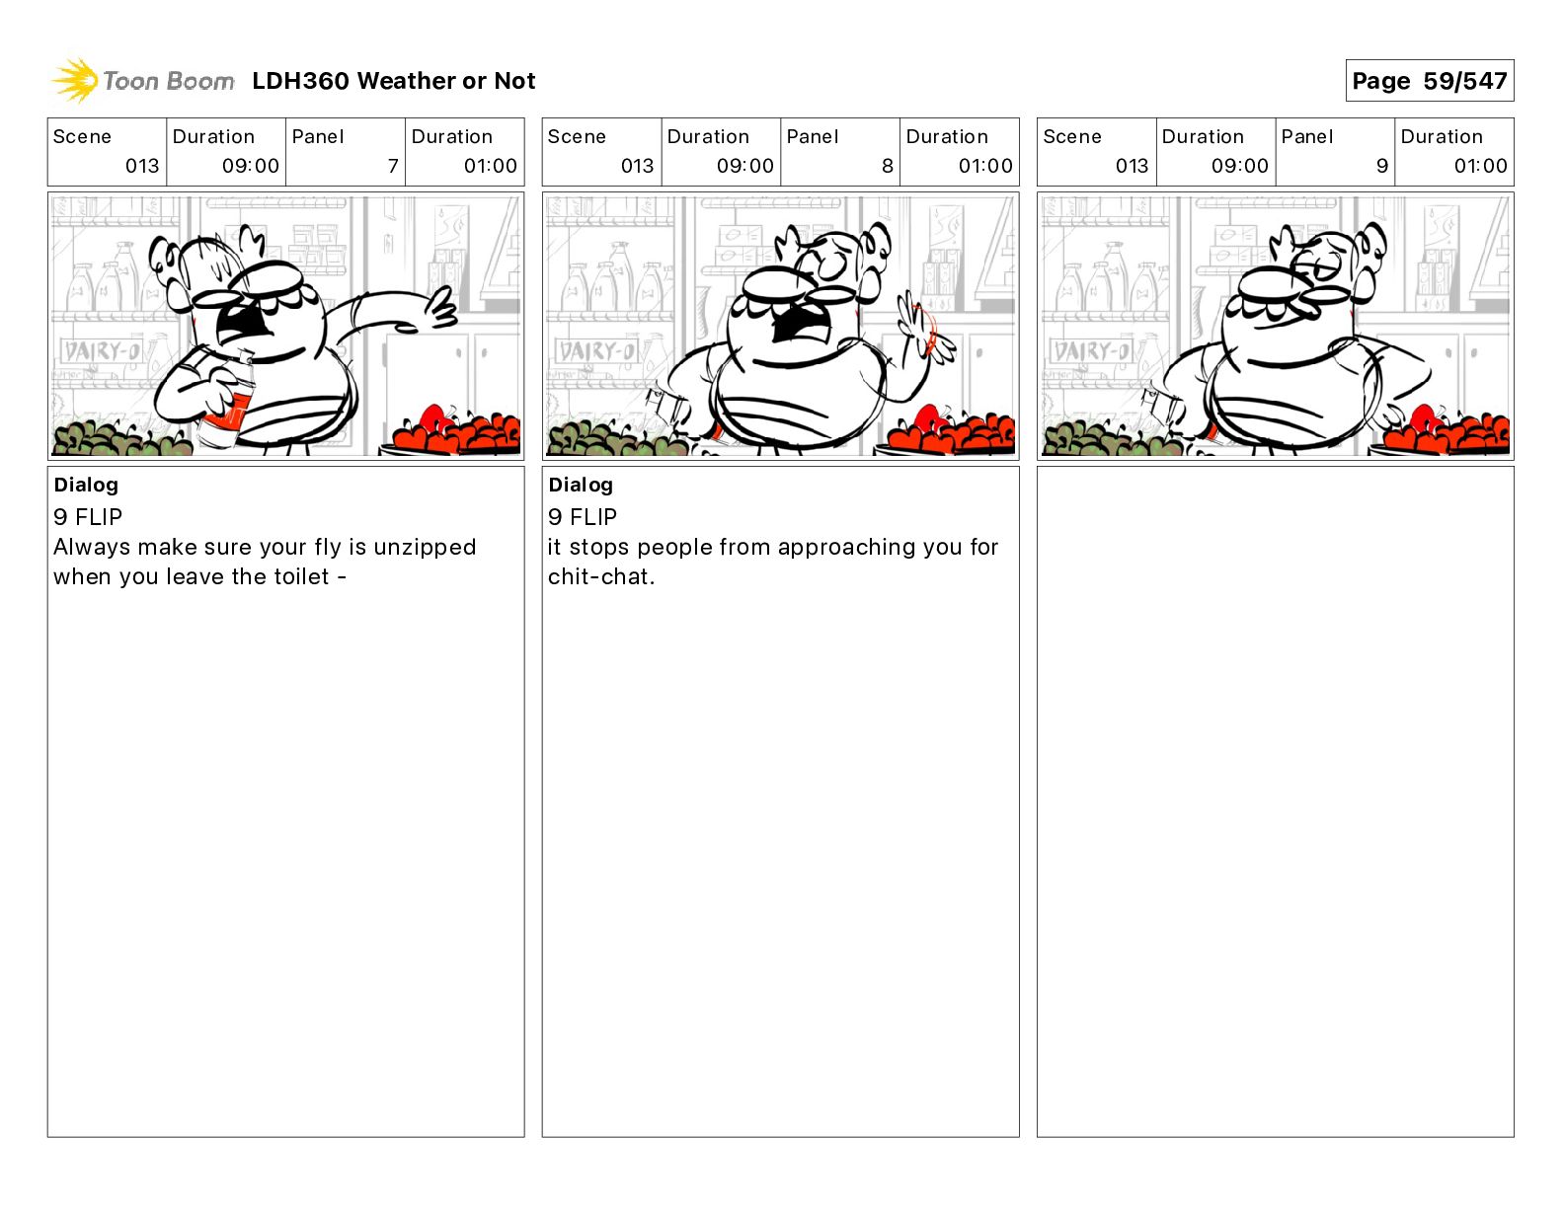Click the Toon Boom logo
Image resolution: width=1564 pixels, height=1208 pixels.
click(143, 81)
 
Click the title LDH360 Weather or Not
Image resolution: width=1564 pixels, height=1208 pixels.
click(394, 81)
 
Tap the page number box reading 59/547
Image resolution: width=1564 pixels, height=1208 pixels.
click(1429, 81)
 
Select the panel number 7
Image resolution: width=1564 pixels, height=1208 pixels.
click(393, 166)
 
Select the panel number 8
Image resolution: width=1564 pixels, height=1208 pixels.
click(888, 166)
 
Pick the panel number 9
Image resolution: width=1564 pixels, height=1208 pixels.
click(1382, 166)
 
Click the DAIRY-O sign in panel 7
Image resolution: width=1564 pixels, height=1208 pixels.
click(102, 351)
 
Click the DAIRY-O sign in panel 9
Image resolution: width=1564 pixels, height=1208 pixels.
click(1090, 351)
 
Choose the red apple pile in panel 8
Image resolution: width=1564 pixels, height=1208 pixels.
click(951, 430)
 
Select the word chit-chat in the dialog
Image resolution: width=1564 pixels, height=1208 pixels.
click(600, 577)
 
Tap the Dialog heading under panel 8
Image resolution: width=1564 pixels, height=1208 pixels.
click(581, 485)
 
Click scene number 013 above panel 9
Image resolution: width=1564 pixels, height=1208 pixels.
click(1132, 166)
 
